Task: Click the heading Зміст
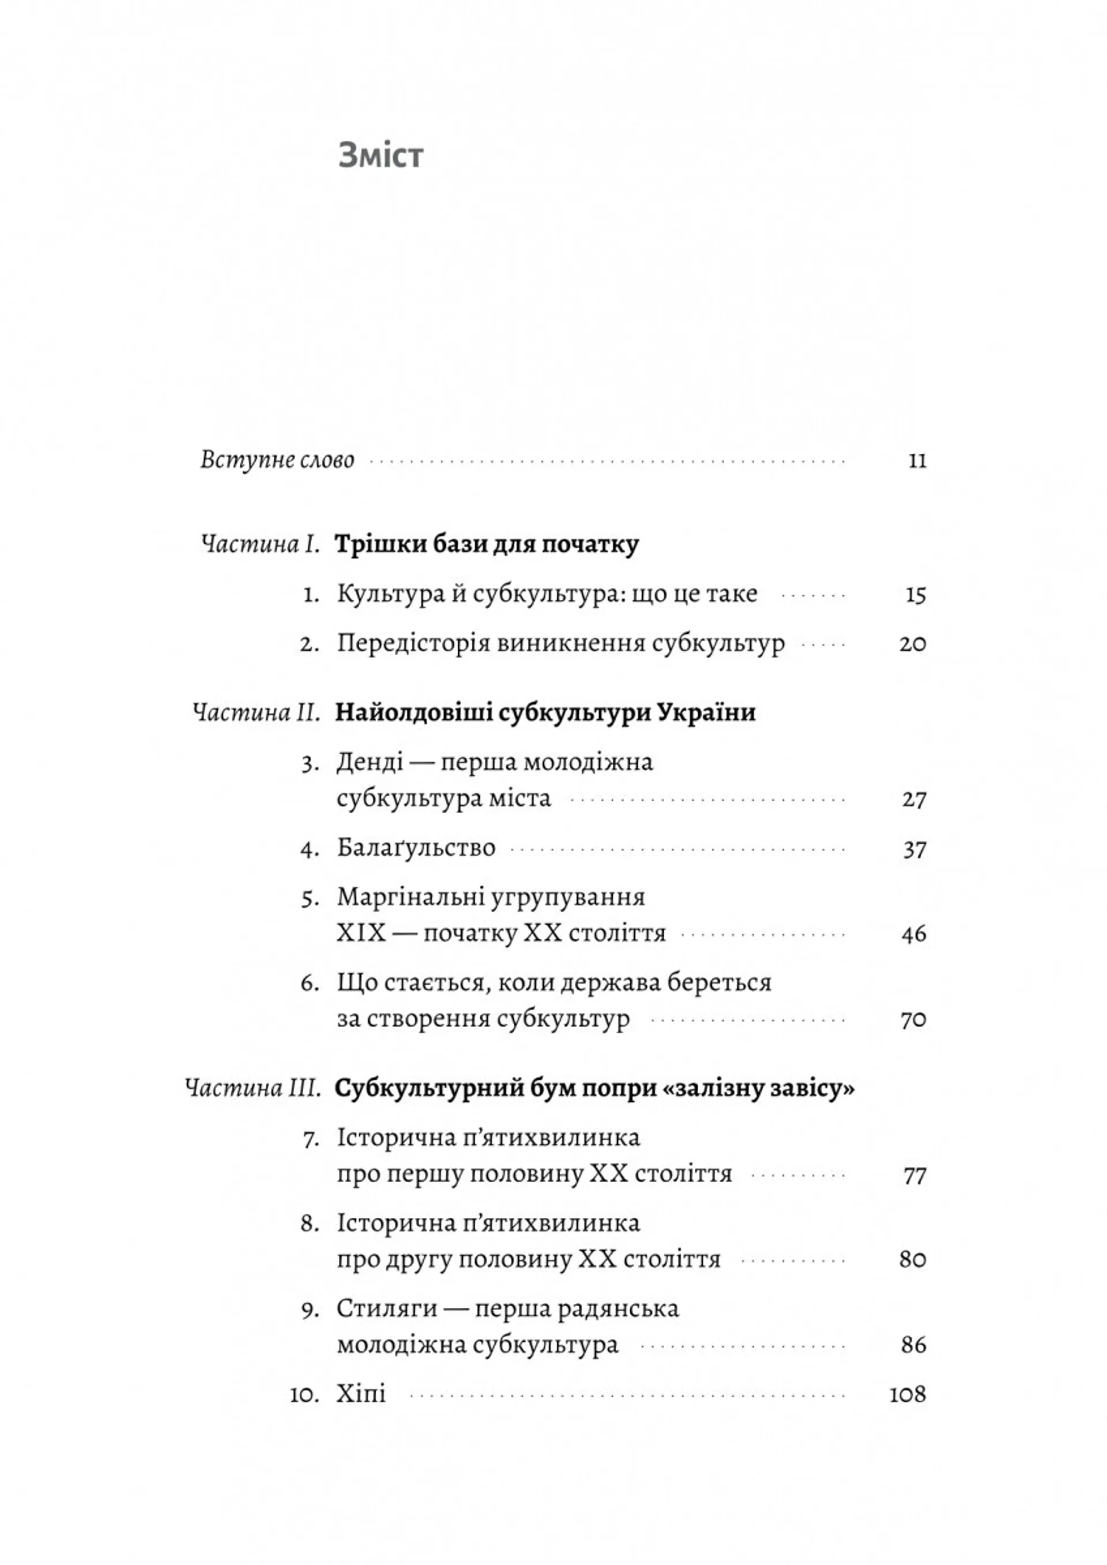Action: (x=381, y=156)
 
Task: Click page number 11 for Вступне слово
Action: (x=917, y=461)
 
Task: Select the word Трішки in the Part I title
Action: (x=373, y=546)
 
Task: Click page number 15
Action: (x=916, y=595)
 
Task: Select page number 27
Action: (x=913, y=800)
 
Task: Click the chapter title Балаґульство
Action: (x=416, y=849)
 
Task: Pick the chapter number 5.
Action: (x=310, y=899)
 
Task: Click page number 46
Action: (x=913, y=934)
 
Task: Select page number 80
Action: (x=913, y=1259)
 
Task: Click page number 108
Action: (x=908, y=1394)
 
